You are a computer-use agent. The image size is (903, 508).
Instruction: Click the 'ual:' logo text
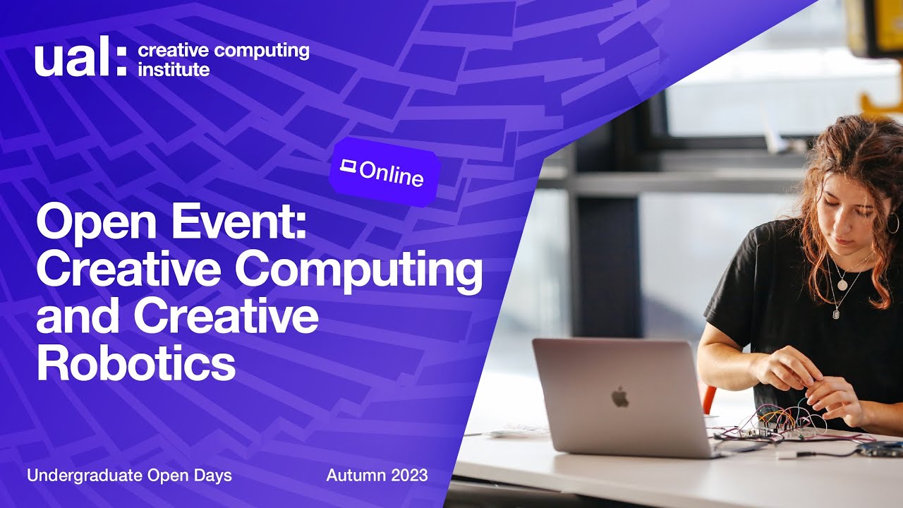(x=80, y=59)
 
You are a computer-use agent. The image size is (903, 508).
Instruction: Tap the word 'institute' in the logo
(x=174, y=69)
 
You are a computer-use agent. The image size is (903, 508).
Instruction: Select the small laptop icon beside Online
(x=347, y=167)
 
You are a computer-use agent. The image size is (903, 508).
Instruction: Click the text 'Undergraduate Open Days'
(x=129, y=476)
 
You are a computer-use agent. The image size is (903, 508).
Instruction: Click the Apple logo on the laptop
(x=620, y=398)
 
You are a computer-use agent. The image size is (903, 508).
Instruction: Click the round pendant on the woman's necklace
(x=841, y=284)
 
